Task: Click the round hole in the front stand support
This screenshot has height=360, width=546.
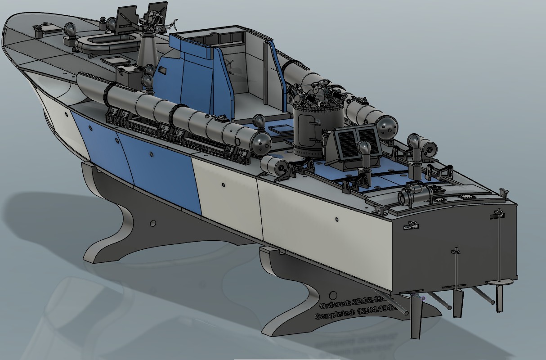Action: tap(153, 223)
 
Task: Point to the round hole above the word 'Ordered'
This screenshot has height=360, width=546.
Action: tap(333, 295)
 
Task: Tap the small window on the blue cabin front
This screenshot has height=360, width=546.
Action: tap(161, 72)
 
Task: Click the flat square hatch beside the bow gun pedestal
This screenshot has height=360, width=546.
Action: tap(112, 60)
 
